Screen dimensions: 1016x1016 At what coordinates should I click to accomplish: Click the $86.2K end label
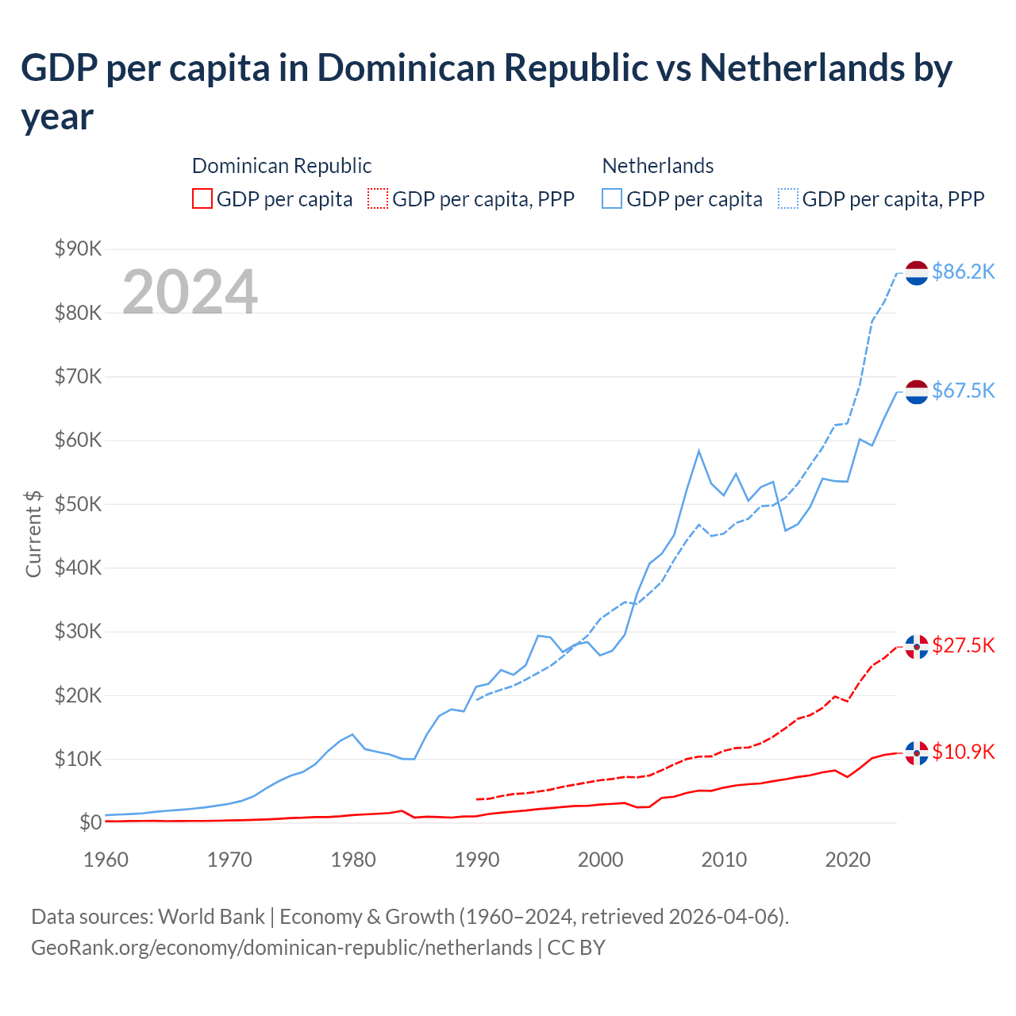pos(963,271)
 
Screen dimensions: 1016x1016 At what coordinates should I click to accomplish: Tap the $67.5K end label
pos(963,391)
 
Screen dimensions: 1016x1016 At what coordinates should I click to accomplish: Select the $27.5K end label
pos(963,645)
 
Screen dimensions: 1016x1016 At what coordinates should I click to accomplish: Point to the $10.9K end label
pos(963,752)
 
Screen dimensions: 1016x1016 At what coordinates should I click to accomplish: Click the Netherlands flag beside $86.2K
pos(917,272)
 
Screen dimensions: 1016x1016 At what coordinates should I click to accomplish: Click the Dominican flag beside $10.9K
pos(917,752)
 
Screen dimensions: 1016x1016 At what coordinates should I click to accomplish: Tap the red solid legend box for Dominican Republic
pos(202,198)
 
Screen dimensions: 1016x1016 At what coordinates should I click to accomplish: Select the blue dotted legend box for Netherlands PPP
pos(788,198)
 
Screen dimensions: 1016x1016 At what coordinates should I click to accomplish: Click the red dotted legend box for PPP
pos(379,198)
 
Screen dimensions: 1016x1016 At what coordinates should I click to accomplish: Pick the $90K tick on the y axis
pos(78,248)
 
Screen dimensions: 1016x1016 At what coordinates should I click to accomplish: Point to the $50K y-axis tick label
pos(78,504)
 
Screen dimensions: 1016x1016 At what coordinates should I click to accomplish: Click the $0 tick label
pos(90,822)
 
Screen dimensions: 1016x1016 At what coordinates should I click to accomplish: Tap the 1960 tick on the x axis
pos(106,860)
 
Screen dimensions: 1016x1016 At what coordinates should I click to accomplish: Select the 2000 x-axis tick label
pos(600,860)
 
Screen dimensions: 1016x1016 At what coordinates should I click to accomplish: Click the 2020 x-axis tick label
pos(848,860)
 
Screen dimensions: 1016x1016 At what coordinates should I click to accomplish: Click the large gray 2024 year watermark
pos(190,291)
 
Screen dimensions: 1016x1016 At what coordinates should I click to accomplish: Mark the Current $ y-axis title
pos(33,533)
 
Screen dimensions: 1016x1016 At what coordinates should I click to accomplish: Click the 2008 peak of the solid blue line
pos(698,451)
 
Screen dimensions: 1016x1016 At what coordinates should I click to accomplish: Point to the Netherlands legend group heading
pos(657,165)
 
